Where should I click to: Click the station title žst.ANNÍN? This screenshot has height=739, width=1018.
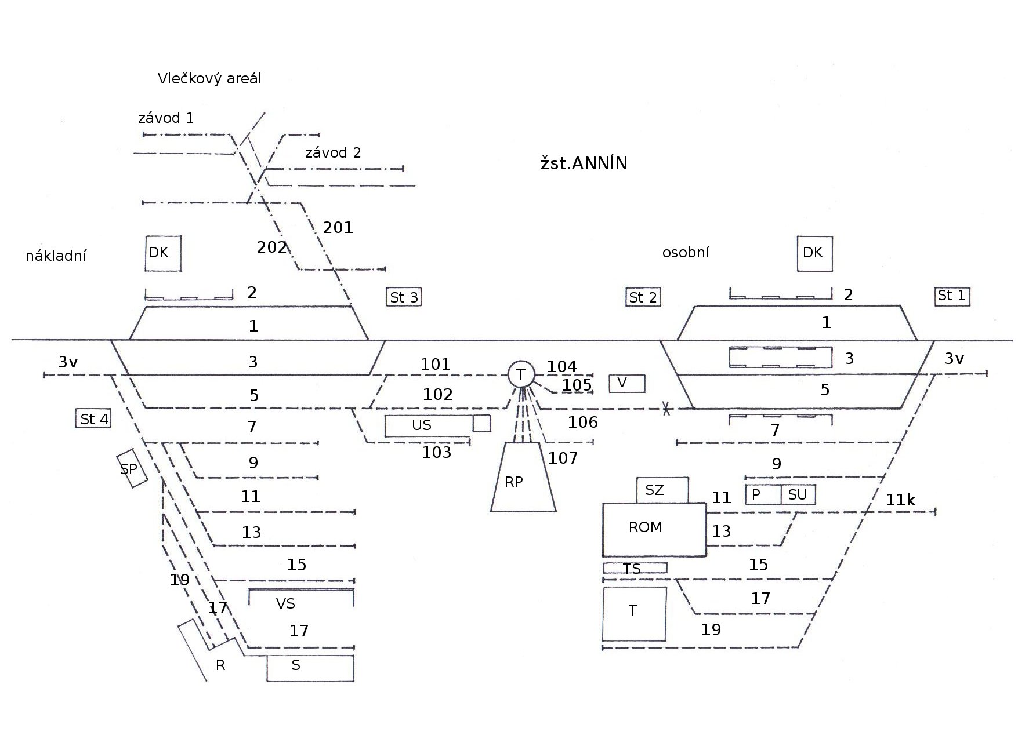[584, 163]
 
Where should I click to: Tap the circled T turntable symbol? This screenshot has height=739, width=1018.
[521, 374]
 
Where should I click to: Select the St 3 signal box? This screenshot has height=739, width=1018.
[404, 297]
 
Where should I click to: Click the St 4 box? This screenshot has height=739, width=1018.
[93, 418]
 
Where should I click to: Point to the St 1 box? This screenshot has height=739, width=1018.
[952, 296]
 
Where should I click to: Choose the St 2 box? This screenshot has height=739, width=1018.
[643, 297]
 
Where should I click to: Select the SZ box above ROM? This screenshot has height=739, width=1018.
[662, 490]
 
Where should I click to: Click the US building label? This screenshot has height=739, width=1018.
[422, 425]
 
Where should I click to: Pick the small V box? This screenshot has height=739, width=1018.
[626, 383]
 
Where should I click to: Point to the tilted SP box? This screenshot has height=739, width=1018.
[132, 468]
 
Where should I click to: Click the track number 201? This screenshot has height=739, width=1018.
[338, 228]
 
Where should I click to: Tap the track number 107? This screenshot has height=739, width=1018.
[563, 458]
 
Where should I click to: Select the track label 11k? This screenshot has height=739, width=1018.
[900, 500]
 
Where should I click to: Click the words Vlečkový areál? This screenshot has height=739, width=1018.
[209, 79]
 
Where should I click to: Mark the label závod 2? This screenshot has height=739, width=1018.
[333, 153]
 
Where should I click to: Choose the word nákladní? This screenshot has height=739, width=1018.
[56, 256]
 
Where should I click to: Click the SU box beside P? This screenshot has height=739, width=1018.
[798, 495]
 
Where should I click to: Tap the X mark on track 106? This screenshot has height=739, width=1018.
[666, 409]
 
